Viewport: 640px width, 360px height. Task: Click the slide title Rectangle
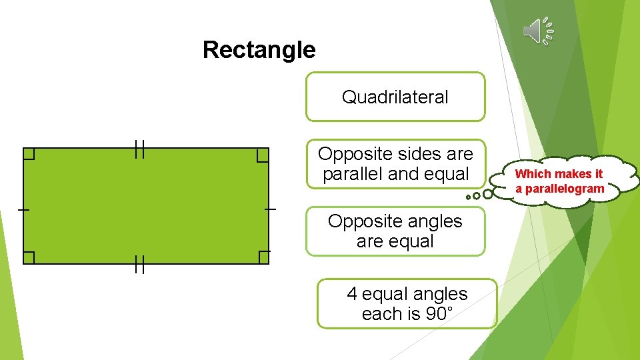click(x=259, y=49)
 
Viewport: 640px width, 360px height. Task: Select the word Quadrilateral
click(x=395, y=97)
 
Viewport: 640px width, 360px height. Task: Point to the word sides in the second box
click(x=420, y=154)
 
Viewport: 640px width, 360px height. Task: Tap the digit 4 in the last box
click(x=352, y=294)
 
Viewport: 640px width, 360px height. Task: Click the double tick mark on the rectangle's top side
click(x=139, y=149)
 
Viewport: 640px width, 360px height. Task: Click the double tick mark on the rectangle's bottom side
click(x=139, y=265)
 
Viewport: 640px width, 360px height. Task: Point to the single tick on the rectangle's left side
click(x=23, y=210)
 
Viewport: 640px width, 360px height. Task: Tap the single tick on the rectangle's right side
click(x=269, y=209)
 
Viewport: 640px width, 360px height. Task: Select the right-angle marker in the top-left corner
click(x=29, y=154)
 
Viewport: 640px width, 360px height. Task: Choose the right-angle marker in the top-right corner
click(x=263, y=155)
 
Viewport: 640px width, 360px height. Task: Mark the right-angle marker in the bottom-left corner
click(x=29, y=258)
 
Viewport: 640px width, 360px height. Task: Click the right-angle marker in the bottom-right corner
click(x=263, y=257)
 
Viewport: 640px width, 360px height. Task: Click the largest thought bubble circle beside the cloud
click(x=488, y=194)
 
